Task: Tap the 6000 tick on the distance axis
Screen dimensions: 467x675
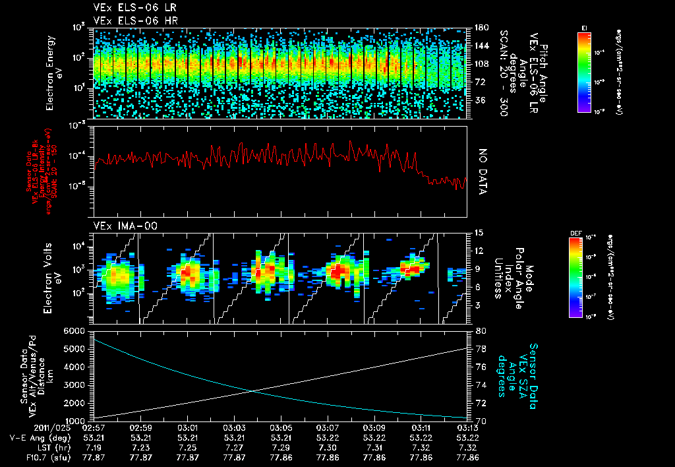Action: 74,330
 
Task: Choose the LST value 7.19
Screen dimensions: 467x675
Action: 95,447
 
